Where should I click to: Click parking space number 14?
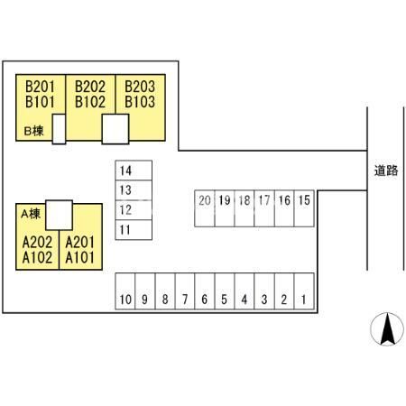(x=134, y=171)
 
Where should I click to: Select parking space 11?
(x=134, y=230)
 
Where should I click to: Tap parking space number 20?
(x=205, y=208)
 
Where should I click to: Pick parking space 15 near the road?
(x=304, y=208)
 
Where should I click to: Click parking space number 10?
(x=125, y=291)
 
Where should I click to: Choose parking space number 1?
(x=304, y=291)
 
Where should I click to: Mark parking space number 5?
(x=225, y=291)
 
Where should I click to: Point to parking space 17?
(x=264, y=208)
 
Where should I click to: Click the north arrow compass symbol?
(x=387, y=328)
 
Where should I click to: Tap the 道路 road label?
(x=386, y=171)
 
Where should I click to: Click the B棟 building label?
(x=33, y=131)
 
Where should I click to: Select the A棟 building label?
(x=31, y=214)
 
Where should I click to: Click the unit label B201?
(x=40, y=87)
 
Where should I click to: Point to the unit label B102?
(x=90, y=102)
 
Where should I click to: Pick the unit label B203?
(x=140, y=87)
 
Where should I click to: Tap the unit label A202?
(x=38, y=243)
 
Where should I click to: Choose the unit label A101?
(x=80, y=258)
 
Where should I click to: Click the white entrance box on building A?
(x=60, y=215)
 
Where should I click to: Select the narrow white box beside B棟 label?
(x=59, y=129)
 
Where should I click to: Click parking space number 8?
(x=165, y=291)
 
